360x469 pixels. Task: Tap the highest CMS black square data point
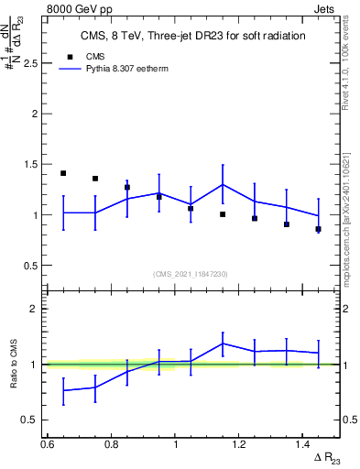[63, 173]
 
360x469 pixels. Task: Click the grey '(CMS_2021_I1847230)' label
[191, 274]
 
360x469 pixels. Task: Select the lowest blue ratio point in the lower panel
[63, 391]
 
